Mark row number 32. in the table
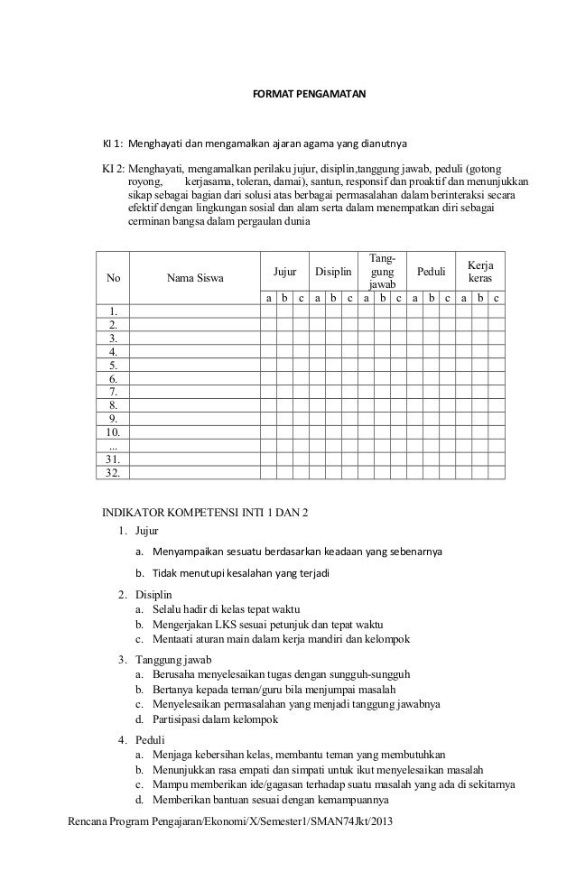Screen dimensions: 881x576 (113, 471)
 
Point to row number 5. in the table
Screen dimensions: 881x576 (113, 366)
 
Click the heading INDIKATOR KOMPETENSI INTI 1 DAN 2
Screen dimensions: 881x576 (204, 514)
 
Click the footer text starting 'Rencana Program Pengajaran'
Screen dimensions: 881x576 (231, 824)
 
